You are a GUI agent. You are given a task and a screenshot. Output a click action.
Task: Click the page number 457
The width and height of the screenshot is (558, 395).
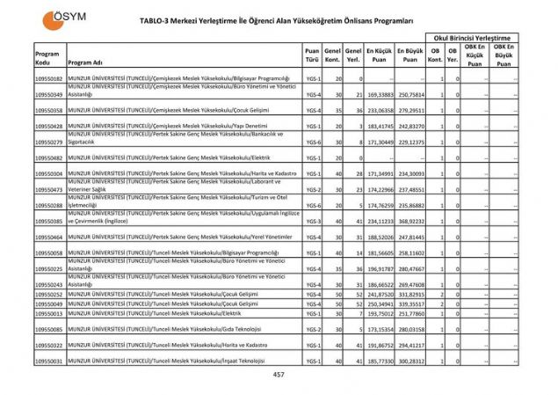point(279,376)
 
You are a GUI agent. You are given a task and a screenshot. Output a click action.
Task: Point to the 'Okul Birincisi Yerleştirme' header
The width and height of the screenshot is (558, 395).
point(471,38)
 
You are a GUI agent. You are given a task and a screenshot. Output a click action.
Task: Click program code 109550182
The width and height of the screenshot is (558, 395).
point(49,79)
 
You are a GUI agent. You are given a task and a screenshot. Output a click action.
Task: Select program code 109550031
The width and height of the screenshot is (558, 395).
point(49,361)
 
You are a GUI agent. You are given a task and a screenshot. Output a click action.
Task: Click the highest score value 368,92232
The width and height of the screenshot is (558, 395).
point(410,221)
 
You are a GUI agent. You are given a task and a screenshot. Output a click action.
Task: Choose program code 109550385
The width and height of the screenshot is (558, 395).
point(49,221)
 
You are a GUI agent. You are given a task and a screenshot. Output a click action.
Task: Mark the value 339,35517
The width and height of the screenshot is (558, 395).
point(410,304)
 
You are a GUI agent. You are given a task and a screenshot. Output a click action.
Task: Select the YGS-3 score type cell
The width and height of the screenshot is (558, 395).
point(312,221)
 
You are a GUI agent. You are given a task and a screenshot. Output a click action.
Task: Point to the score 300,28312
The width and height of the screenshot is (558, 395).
point(410,361)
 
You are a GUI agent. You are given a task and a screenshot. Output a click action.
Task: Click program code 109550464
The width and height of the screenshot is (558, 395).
point(49,237)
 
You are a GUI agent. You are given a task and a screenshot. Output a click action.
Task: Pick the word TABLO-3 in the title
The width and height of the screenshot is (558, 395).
point(159,18)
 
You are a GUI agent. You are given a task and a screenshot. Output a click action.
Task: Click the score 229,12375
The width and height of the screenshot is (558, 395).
point(410,142)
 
